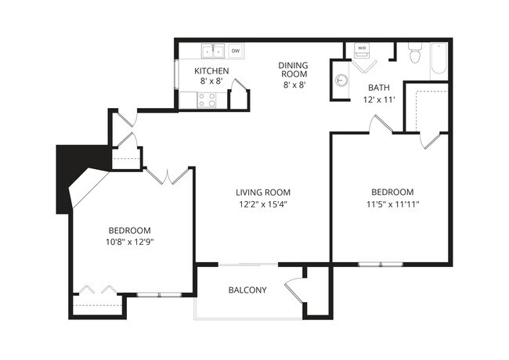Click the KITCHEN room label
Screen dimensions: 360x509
[x=211, y=71]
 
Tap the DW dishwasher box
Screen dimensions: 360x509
[x=235, y=51]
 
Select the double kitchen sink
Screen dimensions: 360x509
[x=212, y=51]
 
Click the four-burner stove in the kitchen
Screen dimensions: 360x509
[x=208, y=99]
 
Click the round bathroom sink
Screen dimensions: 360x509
[x=341, y=80]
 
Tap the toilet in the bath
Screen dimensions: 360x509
[x=415, y=55]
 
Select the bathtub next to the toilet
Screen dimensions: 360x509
[x=438, y=59]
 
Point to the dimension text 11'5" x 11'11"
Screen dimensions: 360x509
[x=392, y=205]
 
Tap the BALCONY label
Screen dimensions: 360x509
[x=247, y=290]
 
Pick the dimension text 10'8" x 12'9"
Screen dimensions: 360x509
[x=129, y=243]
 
